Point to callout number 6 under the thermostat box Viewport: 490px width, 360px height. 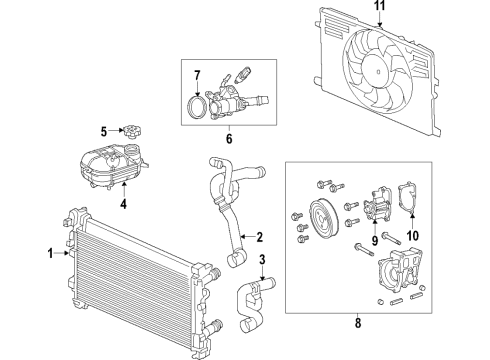click(228, 139)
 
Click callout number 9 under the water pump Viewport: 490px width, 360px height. click(376, 240)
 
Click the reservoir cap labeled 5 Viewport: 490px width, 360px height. click(127, 131)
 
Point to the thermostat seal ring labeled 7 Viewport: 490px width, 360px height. click(199, 103)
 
